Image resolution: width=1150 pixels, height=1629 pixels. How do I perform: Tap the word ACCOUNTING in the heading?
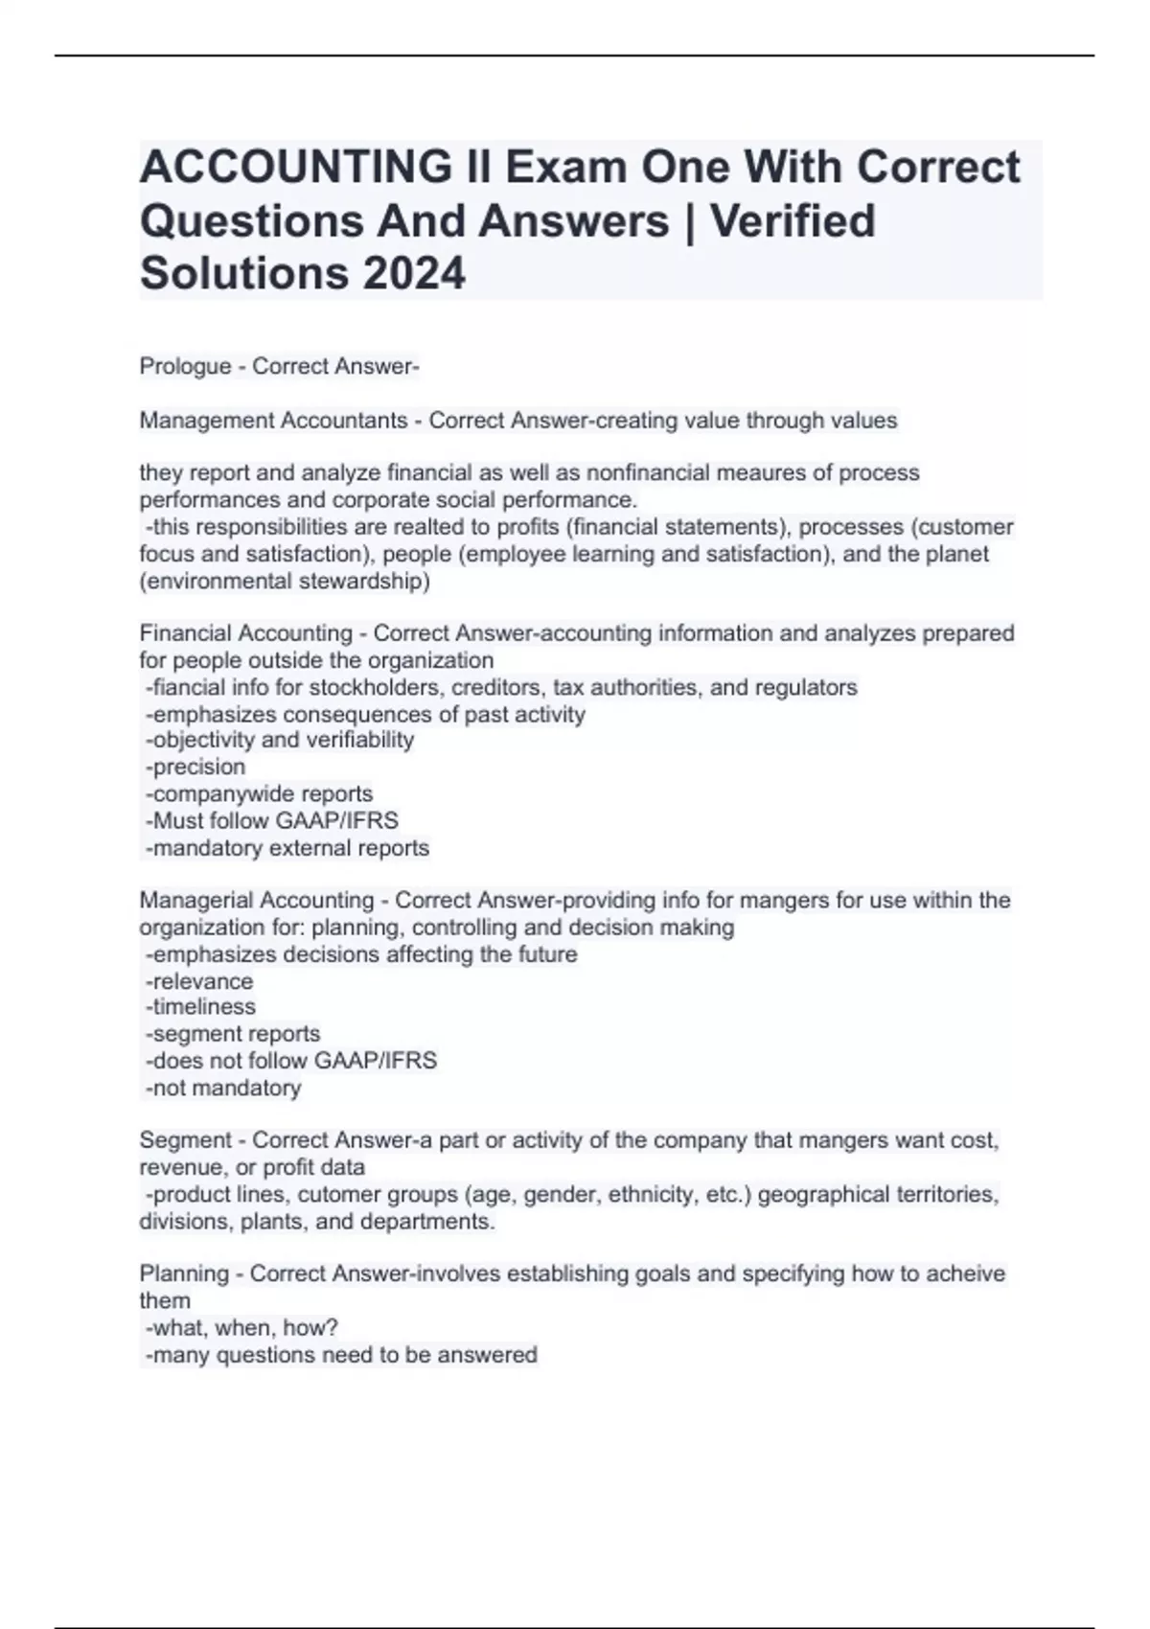pyautogui.click(x=295, y=167)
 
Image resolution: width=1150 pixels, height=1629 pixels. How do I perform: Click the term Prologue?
pyautogui.click(x=185, y=366)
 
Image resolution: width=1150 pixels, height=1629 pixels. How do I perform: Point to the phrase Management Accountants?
pyautogui.click(x=273, y=421)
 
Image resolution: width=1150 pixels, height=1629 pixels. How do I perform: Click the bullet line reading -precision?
pyautogui.click(x=195, y=767)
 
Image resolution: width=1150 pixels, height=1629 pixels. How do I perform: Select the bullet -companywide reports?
pyautogui.click(x=259, y=793)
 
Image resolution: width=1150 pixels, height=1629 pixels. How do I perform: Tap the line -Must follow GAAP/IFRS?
pyautogui.click(x=271, y=820)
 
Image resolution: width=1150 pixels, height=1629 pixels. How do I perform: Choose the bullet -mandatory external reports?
pyautogui.click(x=287, y=848)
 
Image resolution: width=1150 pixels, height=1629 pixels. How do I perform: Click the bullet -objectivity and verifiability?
pyautogui.click(x=279, y=740)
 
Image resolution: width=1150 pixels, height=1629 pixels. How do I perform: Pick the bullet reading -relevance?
pyautogui.click(x=199, y=981)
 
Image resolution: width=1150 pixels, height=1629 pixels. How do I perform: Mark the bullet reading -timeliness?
pyautogui.click(x=200, y=1007)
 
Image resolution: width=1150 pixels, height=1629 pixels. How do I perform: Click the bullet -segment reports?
pyautogui.click(x=232, y=1034)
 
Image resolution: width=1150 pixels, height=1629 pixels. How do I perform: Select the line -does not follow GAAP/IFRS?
pyautogui.click(x=290, y=1061)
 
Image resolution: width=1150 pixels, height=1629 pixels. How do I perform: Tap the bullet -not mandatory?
pyautogui.click(x=222, y=1088)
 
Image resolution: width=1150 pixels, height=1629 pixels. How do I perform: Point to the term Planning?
pyautogui.click(x=183, y=1273)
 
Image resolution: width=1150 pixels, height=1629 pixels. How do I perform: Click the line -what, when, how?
pyautogui.click(x=241, y=1327)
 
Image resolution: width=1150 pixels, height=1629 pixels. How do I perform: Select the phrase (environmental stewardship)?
pyautogui.click(x=284, y=581)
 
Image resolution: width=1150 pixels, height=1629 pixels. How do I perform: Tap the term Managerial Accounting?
pyautogui.click(x=256, y=900)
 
